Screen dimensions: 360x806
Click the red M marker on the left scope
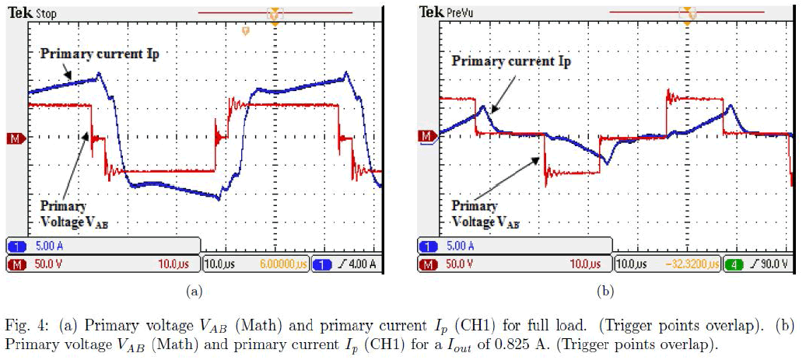(x=13, y=138)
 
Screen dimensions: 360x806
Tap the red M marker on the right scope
(x=426, y=137)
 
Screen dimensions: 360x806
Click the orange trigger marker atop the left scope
(x=274, y=14)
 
